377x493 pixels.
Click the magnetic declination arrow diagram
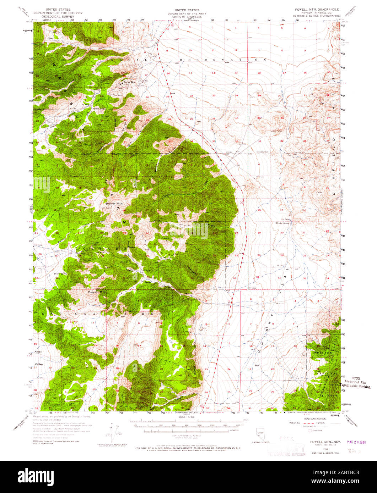(113, 432)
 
